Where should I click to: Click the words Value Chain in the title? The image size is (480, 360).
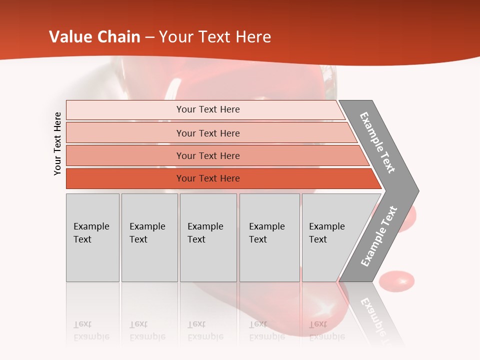point(94,37)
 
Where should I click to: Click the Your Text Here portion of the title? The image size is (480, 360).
point(215,37)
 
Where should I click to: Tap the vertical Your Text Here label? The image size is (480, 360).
point(57,143)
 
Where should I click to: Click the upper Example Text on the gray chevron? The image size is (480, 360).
point(378,142)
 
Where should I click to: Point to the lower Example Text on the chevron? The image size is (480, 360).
point(379,236)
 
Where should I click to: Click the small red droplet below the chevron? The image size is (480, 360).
point(396,281)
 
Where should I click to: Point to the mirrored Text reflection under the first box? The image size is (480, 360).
point(82,324)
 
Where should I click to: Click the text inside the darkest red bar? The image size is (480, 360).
point(208,178)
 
